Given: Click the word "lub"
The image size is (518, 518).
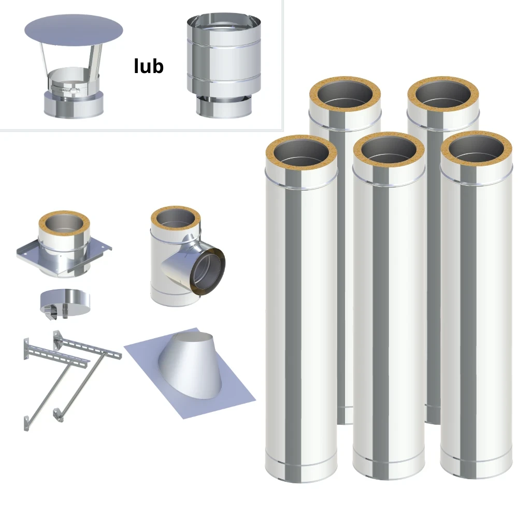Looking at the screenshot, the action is (149, 66).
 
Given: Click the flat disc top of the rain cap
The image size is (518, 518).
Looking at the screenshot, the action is (74, 30).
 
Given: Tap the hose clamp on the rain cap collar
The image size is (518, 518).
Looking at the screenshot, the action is (65, 89).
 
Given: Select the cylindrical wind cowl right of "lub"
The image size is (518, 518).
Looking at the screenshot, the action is (224, 66).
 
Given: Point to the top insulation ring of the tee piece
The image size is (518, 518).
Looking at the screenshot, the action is (176, 221).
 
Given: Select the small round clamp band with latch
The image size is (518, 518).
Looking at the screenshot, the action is (65, 303).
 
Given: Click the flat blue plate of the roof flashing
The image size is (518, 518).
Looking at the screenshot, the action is (190, 375).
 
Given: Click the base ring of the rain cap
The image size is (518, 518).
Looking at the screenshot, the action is (74, 105).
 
